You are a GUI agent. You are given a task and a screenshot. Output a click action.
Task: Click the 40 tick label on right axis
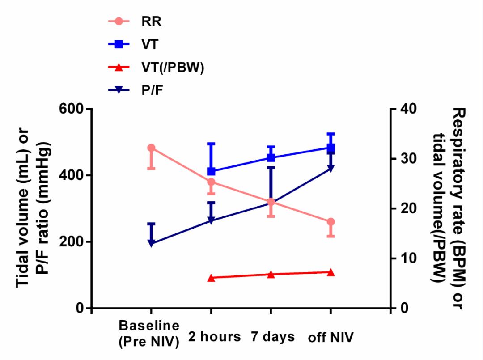(x=406, y=109)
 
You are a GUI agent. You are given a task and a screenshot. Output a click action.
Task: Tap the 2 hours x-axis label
(x=214, y=336)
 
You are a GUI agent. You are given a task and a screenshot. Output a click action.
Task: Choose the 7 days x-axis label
(x=272, y=336)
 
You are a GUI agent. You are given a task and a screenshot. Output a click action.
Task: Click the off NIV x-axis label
(x=330, y=337)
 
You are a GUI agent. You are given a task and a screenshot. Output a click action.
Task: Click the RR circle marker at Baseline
(x=151, y=148)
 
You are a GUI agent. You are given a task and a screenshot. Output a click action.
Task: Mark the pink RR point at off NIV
(x=331, y=222)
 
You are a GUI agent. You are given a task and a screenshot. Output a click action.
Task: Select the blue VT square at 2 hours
(x=211, y=171)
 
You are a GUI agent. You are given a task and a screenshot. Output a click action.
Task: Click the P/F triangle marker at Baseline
(x=151, y=244)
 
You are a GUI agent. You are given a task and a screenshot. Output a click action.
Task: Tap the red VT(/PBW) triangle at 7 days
(x=271, y=274)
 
